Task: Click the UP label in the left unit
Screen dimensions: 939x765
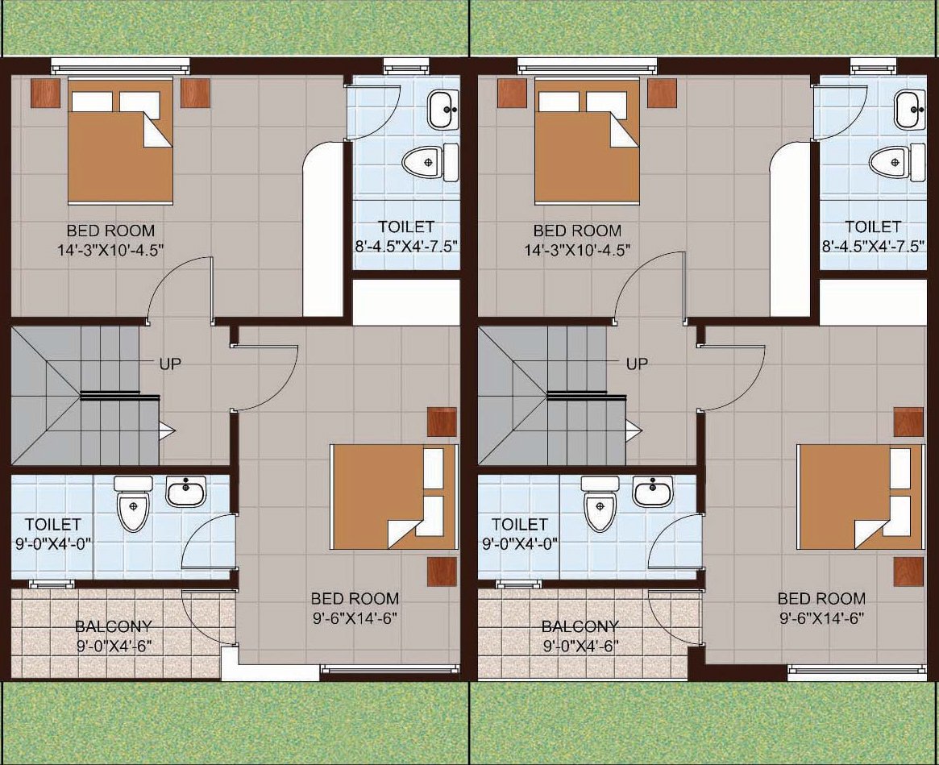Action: (170, 363)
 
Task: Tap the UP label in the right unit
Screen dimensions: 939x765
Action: (638, 363)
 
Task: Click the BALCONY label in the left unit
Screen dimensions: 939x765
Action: (114, 626)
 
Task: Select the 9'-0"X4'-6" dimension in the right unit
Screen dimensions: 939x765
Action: (580, 646)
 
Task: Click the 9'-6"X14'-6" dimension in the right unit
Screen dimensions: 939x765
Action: (821, 617)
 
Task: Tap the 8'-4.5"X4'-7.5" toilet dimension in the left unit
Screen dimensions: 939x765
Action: (405, 246)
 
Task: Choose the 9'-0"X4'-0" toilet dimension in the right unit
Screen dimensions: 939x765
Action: (521, 544)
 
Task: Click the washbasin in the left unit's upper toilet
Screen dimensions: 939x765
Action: (444, 109)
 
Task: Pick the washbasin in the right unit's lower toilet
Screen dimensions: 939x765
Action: (652, 491)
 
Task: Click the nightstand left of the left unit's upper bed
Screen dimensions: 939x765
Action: (45, 93)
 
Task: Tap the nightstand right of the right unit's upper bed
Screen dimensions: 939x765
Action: (662, 93)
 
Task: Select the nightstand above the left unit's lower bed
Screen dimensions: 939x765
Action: (442, 422)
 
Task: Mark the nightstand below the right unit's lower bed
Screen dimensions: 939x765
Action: (908, 572)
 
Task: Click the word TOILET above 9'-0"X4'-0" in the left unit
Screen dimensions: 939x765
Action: (53, 524)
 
